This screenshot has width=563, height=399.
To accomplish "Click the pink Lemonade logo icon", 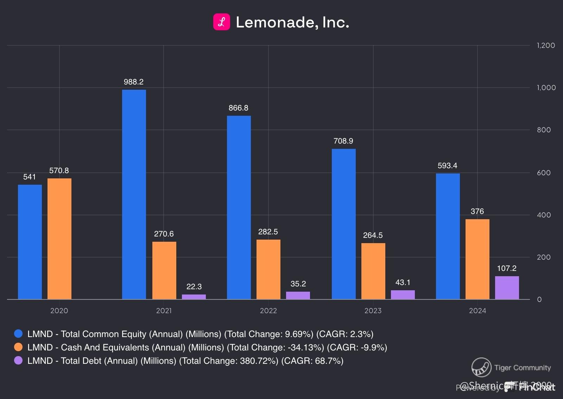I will coord(222,22).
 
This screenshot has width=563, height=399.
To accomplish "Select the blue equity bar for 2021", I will coord(134,194).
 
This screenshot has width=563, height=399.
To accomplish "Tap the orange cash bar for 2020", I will coord(59,239).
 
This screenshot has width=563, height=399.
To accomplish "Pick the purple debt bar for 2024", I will coord(507,287).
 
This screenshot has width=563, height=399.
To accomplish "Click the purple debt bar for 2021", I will coord(194,297).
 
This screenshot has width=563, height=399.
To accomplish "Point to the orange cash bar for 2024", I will coord(477,259).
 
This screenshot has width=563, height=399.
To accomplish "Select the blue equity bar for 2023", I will coord(343,224).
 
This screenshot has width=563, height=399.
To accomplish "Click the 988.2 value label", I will coord(134,82).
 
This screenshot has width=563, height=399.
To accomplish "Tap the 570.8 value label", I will coord(59,171).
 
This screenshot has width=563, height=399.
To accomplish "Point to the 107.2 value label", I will coord(507,268).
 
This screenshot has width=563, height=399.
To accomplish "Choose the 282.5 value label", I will coord(268,232).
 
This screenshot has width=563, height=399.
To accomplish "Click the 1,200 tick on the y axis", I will coord(546,45).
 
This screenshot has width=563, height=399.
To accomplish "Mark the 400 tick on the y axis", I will coord(544,215).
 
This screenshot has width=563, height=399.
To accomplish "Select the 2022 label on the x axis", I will coord(268,311).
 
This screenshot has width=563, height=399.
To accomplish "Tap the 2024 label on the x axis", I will coord(477,311).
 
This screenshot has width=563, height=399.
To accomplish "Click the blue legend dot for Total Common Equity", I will coord(18,334).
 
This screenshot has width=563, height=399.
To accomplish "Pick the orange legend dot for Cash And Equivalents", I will coord(18,347).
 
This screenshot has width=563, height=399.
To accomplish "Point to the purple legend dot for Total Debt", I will coord(18,360).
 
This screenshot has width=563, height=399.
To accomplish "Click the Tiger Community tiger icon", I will coord(481,367).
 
